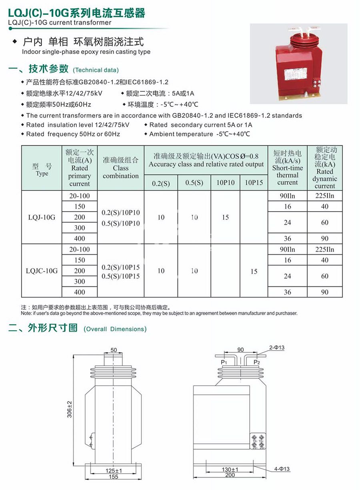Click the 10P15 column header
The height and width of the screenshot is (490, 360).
(254, 182)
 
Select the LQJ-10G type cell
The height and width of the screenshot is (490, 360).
(42, 217)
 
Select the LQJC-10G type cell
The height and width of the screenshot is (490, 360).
(42, 271)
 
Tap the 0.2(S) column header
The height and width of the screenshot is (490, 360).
(161, 183)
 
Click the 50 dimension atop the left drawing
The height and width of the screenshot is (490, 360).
(114, 350)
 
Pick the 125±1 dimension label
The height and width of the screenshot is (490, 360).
(114, 470)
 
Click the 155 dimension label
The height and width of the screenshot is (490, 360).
(114, 477)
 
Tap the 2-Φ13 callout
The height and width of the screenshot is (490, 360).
(277, 348)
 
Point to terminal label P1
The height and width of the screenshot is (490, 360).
(224, 362)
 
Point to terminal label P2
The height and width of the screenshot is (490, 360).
(257, 362)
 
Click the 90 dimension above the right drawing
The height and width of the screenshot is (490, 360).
(240, 350)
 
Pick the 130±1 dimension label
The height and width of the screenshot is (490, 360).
(230, 469)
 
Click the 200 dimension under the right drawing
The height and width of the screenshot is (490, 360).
(230, 475)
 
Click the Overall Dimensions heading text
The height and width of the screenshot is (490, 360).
(115, 329)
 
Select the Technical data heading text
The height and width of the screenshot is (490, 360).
(96, 70)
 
